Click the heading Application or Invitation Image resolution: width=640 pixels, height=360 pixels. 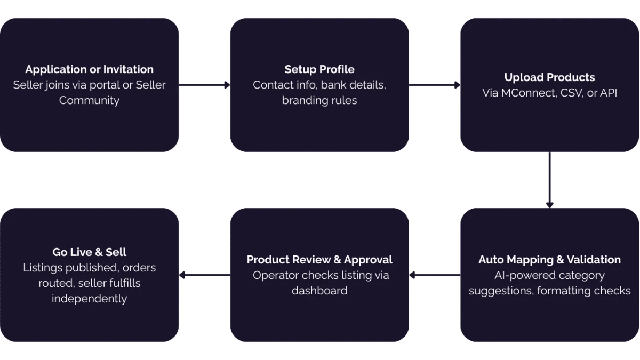89,69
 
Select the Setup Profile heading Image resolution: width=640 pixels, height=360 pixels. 319,69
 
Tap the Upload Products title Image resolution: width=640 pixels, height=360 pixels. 549,77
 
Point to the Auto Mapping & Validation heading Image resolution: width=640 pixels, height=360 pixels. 549,260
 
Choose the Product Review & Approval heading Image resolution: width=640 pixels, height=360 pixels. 319,260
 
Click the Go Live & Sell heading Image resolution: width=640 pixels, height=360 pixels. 89,252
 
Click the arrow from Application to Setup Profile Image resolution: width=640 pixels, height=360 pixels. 204,85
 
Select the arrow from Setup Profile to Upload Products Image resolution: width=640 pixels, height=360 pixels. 435,85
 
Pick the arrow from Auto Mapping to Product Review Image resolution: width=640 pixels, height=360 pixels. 435,275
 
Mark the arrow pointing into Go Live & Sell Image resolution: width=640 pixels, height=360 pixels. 204,275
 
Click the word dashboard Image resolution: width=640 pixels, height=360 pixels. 319,291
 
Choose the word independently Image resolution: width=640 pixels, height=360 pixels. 89,299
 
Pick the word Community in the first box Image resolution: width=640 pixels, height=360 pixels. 89,100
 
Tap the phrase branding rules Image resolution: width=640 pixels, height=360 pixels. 319,100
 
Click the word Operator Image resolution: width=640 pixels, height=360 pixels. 276,275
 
